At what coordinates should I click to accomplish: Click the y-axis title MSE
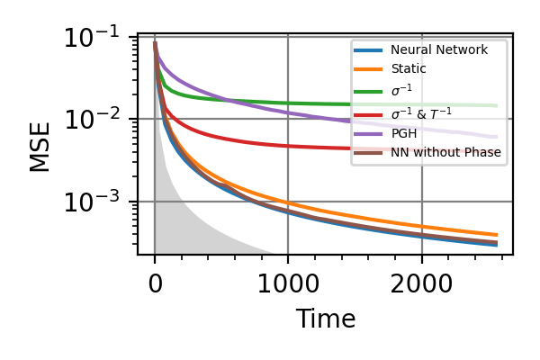40,146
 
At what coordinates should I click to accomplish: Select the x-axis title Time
326,319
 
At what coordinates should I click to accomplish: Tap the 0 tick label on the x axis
155,285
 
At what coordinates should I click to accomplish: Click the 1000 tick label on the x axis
288,285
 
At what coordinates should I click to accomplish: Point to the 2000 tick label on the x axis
421,285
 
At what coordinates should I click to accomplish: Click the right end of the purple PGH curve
496,137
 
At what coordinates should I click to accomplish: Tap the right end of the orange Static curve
496,235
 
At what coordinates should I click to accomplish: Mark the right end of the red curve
496,150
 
